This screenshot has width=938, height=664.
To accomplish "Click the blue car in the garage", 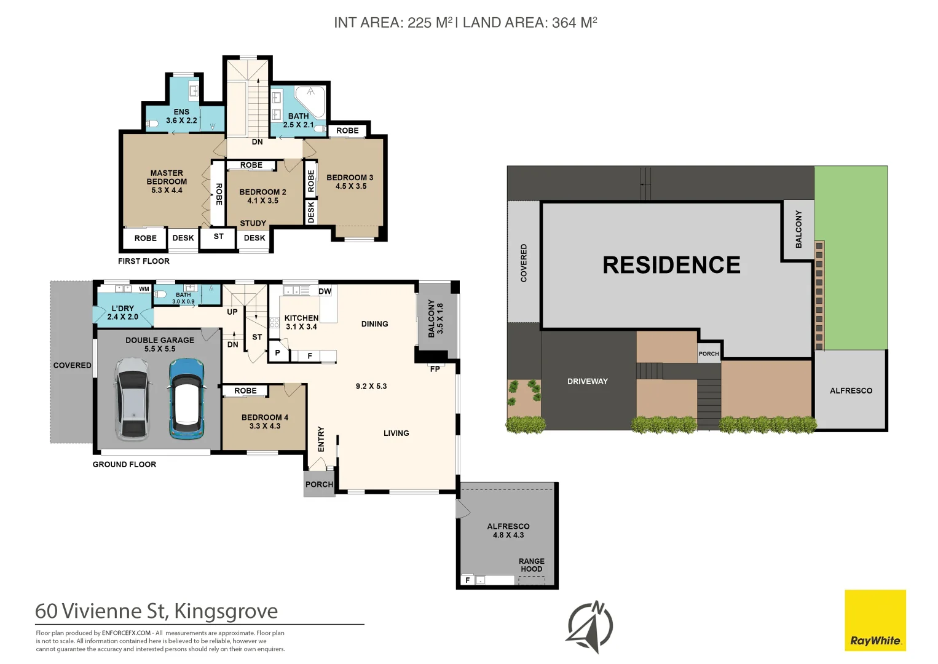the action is [x=187, y=398].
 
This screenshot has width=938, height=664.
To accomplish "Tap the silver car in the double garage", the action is [x=133, y=399].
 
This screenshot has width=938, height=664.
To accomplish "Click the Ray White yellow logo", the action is [x=875, y=620].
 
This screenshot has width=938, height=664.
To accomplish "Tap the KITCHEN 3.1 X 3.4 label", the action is [x=301, y=322].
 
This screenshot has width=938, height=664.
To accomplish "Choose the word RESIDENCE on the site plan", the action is [x=671, y=265].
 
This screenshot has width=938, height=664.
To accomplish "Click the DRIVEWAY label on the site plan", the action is [x=588, y=381].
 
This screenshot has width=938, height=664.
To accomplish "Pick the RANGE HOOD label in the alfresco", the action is [x=532, y=565].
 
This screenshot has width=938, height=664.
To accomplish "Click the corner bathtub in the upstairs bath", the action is [x=309, y=101].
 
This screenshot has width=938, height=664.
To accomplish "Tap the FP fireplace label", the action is [x=435, y=369].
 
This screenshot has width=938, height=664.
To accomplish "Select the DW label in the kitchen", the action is [x=325, y=291].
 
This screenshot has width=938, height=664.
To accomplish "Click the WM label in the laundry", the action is [x=144, y=289].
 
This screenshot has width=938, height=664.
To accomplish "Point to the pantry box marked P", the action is [x=278, y=352].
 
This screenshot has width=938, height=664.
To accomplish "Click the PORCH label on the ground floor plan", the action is [x=319, y=484].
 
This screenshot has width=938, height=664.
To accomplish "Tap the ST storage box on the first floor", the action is [x=218, y=237].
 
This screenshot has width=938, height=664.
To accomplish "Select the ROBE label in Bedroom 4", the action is [x=245, y=390].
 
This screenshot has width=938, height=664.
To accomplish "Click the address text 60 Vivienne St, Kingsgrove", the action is [x=156, y=611].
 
